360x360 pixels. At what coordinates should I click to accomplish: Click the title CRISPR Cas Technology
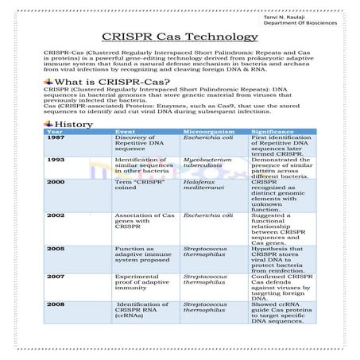[180, 37]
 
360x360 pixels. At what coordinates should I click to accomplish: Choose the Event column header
[125, 131]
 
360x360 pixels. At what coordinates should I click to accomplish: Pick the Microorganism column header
[209, 131]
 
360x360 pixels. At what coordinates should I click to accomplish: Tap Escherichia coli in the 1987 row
[207, 137]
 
